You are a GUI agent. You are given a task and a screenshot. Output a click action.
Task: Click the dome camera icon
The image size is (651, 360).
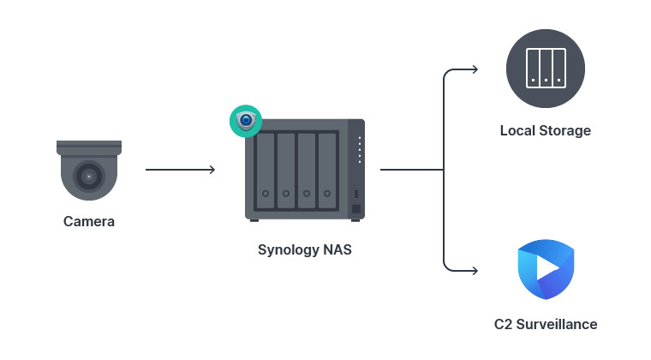pyautogui.click(x=88, y=171)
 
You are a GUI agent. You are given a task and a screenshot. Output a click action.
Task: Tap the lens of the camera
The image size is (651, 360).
pyautogui.click(x=87, y=177)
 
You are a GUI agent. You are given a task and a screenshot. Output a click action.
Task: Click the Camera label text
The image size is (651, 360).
pyautogui.click(x=88, y=222)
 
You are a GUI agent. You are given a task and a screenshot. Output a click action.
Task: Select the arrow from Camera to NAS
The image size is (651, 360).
pyautogui.click(x=180, y=170)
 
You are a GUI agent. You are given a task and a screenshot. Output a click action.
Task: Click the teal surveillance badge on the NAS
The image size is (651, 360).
pyautogui.click(x=245, y=121)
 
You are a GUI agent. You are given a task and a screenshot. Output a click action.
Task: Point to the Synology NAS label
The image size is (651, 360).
pyautogui.click(x=305, y=251)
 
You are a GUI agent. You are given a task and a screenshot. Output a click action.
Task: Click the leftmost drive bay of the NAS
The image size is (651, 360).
pyautogui.click(x=266, y=170)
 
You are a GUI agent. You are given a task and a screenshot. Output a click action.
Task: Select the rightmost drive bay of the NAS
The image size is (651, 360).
pyautogui.click(x=327, y=170)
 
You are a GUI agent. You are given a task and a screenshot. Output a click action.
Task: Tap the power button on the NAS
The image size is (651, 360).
pyautogui.click(x=356, y=209)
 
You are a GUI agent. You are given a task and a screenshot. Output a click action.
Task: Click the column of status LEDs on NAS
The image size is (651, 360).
pyautogui.click(x=360, y=150)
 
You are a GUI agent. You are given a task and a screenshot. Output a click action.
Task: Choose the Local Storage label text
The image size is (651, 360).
pyautogui.click(x=546, y=131)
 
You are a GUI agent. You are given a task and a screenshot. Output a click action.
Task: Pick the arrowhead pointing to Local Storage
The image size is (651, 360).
pyautogui.click(x=474, y=69)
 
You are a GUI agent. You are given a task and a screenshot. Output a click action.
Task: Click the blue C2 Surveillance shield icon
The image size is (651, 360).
pyautogui.click(x=546, y=269)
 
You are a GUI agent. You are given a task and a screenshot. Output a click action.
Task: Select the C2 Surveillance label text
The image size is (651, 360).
pyautogui.click(x=546, y=325)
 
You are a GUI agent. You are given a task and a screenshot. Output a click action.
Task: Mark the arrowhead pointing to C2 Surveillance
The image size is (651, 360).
pyautogui.click(x=474, y=271)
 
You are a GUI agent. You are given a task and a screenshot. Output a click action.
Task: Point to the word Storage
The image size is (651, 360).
pyautogui.click(x=564, y=131)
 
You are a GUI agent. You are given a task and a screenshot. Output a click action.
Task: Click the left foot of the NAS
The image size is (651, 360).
pyautogui.click(x=254, y=220)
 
